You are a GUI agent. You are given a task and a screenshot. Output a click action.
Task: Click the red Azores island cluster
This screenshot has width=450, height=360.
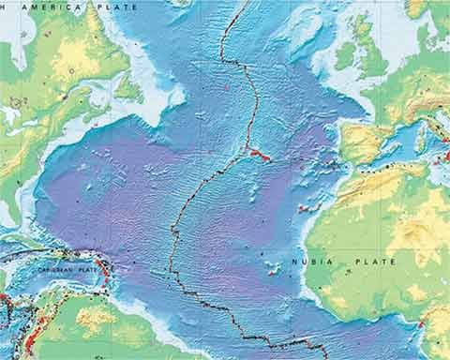(257, 151)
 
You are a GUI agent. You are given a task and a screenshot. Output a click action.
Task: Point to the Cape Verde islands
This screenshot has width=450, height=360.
(274, 270)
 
